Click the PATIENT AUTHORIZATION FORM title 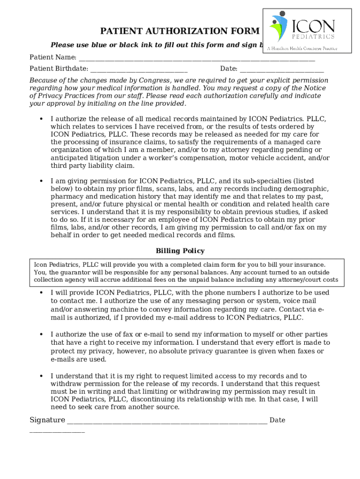[180, 31]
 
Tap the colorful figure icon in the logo [279, 26]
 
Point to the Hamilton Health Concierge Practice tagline [302, 48]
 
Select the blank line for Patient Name [196, 59]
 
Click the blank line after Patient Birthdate [138, 70]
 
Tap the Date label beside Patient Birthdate [229, 69]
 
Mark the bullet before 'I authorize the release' [41, 119]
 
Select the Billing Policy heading [180, 251]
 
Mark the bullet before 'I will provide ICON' [41, 293]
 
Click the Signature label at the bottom [47, 420]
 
